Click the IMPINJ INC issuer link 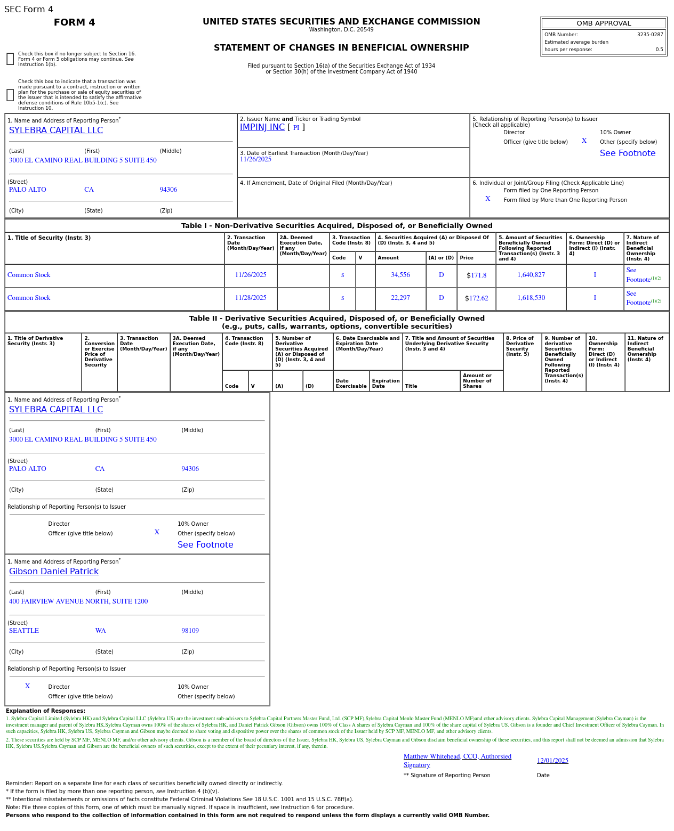pyautogui.click(x=262, y=127)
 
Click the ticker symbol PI pyautogui.click(x=296, y=128)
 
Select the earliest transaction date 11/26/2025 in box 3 pyautogui.click(x=255, y=159)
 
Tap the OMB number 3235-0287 pyautogui.click(x=649, y=35)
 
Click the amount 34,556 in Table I pyautogui.click(x=400, y=275)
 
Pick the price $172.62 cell pyautogui.click(x=476, y=298)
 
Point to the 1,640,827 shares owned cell pyautogui.click(x=531, y=275)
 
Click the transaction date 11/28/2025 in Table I pyautogui.click(x=251, y=298)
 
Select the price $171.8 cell pyautogui.click(x=476, y=275)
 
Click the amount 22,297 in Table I pyautogui.click(x=400, y=298)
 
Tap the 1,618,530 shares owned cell pyautogui.click(x=531, y=298)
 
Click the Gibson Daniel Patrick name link pyautogui.click(x=54, y=572)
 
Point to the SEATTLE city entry pyautogui.click(x=24, y=631)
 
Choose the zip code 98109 pyautogui.click(x=190, y=631)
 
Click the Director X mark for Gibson pyautogui.click(x=28, y=686)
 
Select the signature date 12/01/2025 pyautogui.click(x=552, y=761)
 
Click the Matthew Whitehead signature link pyautogui.click(x=457, y=760)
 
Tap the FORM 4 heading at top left pyautogui.click(x=75, y=22)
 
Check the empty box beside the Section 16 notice pyautogui.click(x=10, y=59)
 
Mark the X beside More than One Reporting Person pyautogui.click(x=487, y=199)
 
